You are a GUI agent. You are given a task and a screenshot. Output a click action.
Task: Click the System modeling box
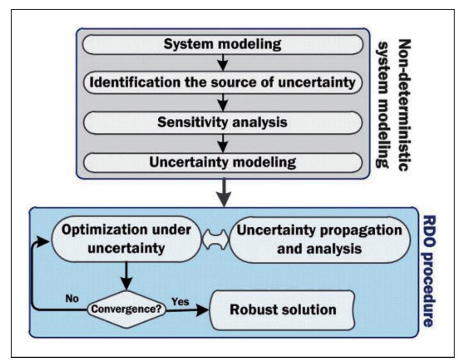click(x=223, y=45)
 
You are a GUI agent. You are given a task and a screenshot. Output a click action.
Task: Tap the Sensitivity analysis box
click(x=223, y=123)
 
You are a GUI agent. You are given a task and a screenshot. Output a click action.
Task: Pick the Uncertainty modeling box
click(x=223, y=161)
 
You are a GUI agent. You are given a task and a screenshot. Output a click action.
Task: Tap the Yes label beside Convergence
click(x=180, y=301)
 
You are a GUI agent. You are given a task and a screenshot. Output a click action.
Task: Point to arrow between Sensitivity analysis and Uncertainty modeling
click(x=222, y=142)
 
